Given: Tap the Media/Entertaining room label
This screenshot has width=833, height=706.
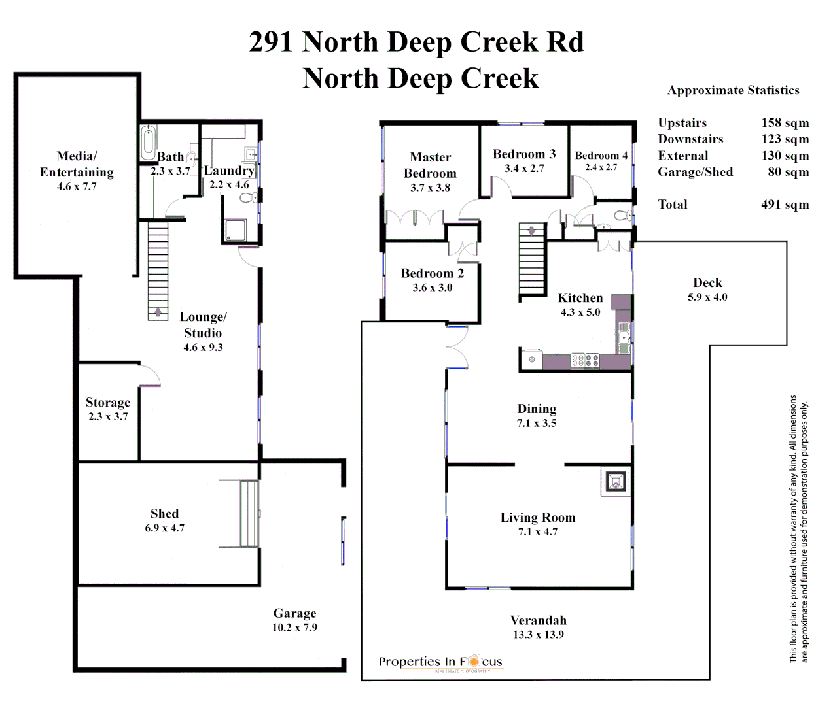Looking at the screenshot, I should tap(77, 164).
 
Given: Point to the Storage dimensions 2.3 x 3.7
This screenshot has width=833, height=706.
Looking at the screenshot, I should tap(108, 417).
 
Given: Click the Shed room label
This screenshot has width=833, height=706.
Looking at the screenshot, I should tap(164, 514).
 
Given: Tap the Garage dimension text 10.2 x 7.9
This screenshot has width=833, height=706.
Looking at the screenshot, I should tap(294, 628).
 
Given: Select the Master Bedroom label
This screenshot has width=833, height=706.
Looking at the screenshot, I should tap(430, 165).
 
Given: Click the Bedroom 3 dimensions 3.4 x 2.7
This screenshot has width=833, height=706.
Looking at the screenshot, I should tap(524, 169).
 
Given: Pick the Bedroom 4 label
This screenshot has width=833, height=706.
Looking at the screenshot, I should tap(601, 156).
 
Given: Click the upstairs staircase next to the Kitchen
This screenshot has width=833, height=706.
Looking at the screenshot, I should tap(532, 259).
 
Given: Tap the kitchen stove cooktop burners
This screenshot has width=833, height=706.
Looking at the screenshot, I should tap(585, 360).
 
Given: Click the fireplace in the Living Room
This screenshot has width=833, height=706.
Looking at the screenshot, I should tap(615, 482).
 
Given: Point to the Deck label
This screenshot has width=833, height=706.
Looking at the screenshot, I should tap(707, 283).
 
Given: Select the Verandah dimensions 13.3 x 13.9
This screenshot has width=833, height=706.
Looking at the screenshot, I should tap(538, 635).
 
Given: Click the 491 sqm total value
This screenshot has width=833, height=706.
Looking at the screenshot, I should tap(785, 205).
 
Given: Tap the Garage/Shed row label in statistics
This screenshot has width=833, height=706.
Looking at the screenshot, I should tap(695, 172).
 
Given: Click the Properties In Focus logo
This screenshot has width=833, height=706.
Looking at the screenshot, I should tap(440, 662).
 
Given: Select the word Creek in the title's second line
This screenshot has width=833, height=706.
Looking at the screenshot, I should tap(499, 78).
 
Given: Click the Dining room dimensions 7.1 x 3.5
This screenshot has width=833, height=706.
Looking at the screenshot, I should tap(537, 424).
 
